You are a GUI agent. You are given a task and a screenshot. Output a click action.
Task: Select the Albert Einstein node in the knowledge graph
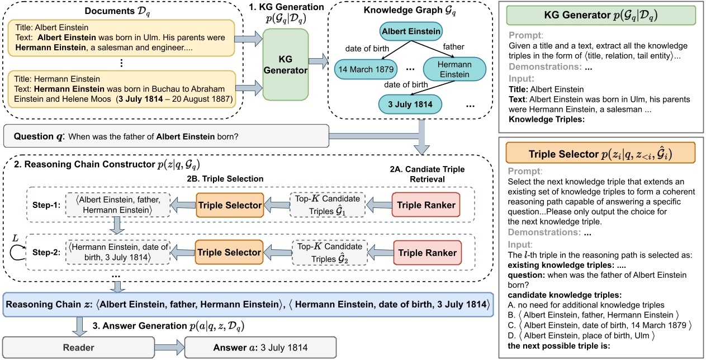click(411, 32)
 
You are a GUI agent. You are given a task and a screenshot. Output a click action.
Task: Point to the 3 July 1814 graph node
click(410, 104)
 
